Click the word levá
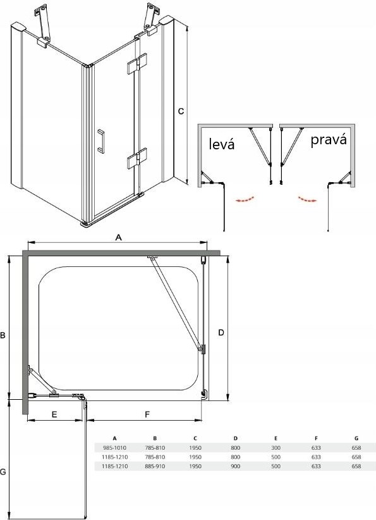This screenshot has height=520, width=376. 222,144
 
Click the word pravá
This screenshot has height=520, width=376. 329,140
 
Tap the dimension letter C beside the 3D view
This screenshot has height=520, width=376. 181,111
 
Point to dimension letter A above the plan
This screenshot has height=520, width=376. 118,237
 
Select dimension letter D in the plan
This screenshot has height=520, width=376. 221,332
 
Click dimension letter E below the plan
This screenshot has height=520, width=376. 54,414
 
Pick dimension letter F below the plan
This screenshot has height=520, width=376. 147,414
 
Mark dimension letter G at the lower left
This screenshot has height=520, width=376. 3,471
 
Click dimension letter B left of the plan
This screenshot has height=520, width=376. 3,335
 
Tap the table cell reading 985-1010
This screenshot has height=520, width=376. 114,448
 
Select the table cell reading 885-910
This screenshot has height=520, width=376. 155,466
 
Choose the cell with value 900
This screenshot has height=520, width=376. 236,466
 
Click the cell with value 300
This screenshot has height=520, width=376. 276,448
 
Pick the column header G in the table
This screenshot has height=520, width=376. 356,438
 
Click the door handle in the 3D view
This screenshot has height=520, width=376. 100,141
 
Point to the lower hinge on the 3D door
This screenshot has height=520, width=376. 137,158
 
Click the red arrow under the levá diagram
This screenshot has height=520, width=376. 245,199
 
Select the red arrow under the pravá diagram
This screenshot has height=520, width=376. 307,199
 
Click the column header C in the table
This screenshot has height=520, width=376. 195,438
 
